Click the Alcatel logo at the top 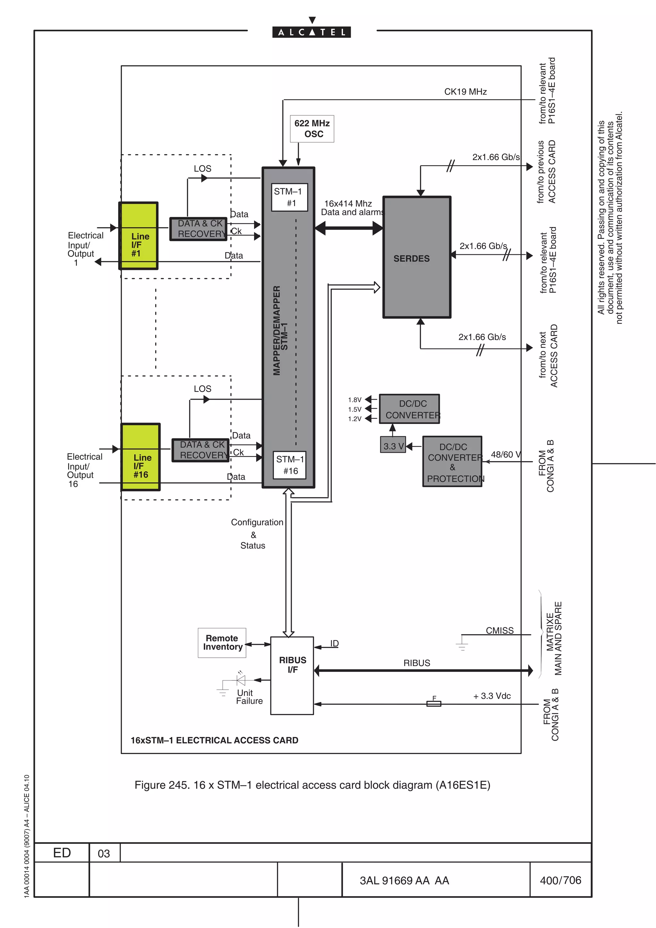[x=311, y=31]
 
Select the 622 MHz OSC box [x=312, y=128]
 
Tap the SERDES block [x=416, y=257]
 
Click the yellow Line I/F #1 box [x=138, y=236]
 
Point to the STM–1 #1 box [x=289, y=197]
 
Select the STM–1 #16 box [x=289, y=465]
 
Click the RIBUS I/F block [x=292, y=675]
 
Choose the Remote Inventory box [x=222, y=643]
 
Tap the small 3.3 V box [x=393, y=446]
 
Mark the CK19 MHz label [x=465, y=92]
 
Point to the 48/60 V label [x=505, y=455]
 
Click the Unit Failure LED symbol [x=241, y=680]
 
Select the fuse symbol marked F [x=434, y=704]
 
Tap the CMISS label [x=500, y=631]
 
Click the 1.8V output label [x=355, y=400]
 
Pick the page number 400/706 [x=560, y=880]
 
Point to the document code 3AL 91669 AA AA [x=404, y=881]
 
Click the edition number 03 [x=104, y=854]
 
